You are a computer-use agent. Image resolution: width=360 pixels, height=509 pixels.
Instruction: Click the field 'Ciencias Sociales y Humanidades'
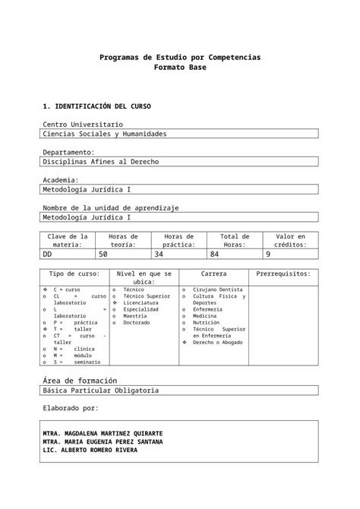(105, 134)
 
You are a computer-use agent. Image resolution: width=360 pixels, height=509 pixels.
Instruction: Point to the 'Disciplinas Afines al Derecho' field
(101, 162)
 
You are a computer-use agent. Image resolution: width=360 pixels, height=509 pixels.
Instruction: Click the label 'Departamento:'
(68, 153)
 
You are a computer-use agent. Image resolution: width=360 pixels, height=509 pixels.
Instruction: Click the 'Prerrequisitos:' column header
(283, 273)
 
